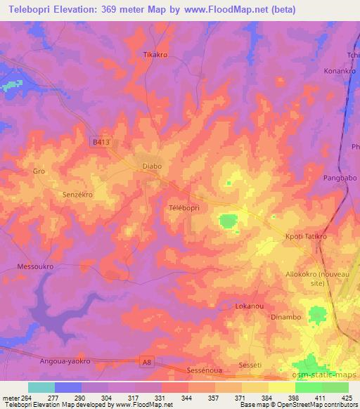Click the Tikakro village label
point(155,54)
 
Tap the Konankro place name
point(340,71)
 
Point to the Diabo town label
point(152,167)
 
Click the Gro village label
point(39,171)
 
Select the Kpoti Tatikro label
point(306,237)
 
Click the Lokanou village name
point(247,307)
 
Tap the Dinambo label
point(285,317)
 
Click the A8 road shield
point(146,362)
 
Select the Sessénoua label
point(205,369)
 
